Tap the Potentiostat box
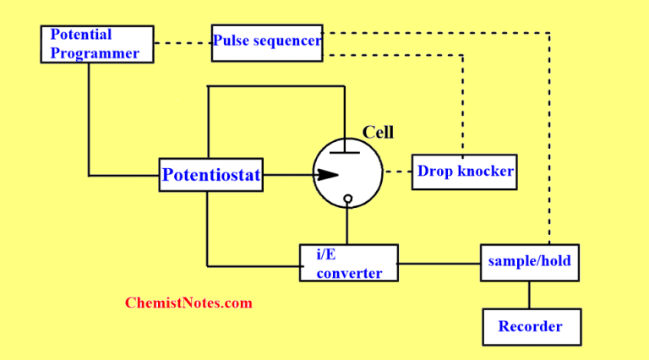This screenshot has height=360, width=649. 210,176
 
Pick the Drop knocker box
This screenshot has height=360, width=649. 464,172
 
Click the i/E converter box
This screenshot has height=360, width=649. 348,263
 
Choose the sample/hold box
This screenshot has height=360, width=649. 529,262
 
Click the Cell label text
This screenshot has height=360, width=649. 378,133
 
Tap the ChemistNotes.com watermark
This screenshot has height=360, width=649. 188,303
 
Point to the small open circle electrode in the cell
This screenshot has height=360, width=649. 347,199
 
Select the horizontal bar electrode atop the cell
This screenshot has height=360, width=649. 346,152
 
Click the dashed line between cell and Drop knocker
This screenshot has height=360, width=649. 395,172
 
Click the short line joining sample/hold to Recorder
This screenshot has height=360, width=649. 529,294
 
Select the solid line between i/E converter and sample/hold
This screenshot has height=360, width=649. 439,263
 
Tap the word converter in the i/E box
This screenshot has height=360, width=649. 349,272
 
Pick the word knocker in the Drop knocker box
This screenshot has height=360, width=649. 486,172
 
